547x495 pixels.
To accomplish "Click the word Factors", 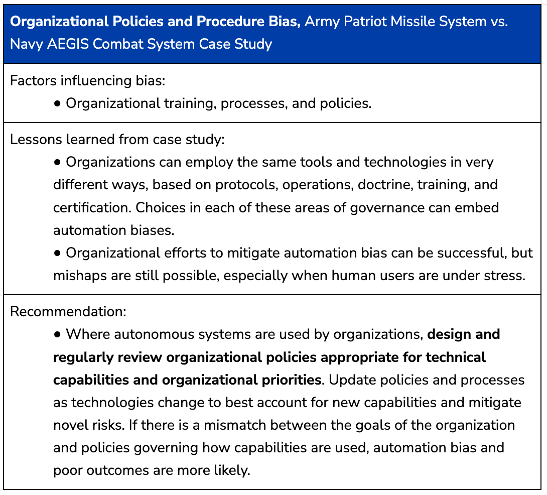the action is tap(31, 81).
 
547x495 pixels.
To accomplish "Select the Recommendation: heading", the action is tap(68, 311).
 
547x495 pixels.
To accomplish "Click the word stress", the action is tap(505, 276).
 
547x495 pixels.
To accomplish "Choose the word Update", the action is tap(350, 380).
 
